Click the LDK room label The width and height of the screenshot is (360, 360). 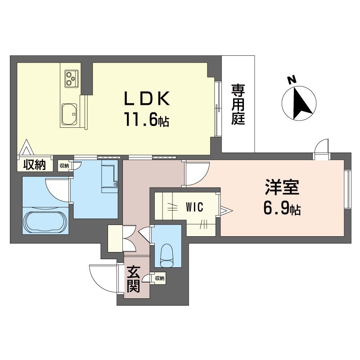point(147,99)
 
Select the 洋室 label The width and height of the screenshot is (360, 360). point(282,187)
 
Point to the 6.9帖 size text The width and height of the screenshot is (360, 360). point(282,209)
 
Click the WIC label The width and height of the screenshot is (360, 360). point(194,207)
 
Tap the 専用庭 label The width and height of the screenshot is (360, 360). point(238,104)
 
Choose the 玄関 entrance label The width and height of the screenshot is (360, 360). point(133,279)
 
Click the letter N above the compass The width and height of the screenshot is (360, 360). point(292,80)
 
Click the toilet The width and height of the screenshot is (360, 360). point(167,256)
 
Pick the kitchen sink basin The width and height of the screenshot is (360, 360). point(69,114)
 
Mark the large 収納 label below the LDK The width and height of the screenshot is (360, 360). point(35,165)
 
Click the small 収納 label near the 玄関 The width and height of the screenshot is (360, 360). point(160,278)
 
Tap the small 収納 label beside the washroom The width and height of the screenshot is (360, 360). point(64,166)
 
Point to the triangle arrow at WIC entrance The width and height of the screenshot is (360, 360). point(227,210)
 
